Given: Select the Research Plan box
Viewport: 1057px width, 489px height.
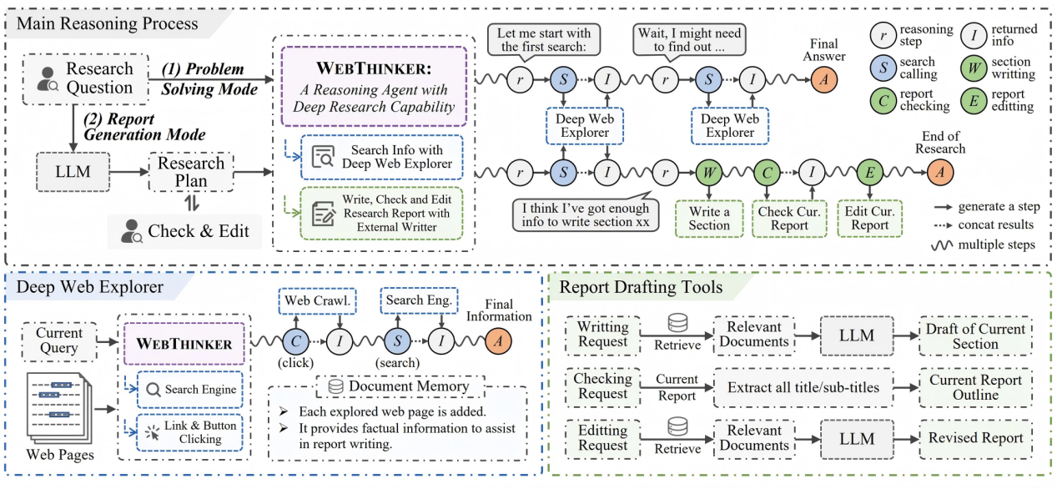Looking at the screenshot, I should (191, 174).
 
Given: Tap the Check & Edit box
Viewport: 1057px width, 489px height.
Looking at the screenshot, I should (186, 231).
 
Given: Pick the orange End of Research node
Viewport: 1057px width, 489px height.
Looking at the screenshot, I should (940, 173).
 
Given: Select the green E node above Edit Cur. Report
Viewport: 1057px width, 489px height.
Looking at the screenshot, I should (870, 173).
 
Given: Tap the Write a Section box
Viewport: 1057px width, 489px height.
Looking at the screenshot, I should (709, 219).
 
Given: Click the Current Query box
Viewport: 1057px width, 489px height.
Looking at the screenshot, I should (58, 341).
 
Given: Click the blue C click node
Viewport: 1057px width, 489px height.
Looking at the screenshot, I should (296, 340).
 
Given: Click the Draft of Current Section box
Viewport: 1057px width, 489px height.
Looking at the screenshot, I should (975, 336).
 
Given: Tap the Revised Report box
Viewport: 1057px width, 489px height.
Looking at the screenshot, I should (975, 438).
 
